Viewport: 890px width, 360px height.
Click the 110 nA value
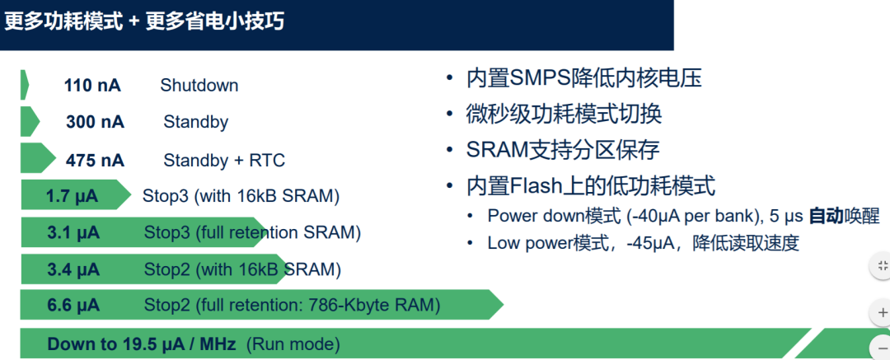(x=92, y=86)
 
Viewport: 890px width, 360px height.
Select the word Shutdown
(x=199, y=86)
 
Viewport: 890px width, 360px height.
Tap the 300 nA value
(x=95, y=122)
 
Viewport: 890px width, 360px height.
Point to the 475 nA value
(x=95, y=160)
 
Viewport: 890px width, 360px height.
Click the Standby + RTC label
(x=224, y=160)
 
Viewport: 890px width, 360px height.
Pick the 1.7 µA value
(x=73, y=196)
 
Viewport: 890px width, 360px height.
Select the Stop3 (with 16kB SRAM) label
(x=241, y=196)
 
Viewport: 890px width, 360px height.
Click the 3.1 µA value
(x=73, y=233)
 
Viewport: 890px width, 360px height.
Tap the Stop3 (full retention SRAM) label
(x=252, y=233)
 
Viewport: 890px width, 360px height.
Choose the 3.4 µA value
(x=73, y=269)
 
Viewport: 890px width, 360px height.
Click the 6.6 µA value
(x=73, y=306)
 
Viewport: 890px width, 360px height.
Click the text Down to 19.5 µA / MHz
(x=142, y=344)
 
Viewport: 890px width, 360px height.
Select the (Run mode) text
(x=293, y=344)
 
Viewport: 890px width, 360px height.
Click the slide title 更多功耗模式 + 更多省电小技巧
(x=145, y=21)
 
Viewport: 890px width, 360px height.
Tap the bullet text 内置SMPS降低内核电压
(x=584, y=79)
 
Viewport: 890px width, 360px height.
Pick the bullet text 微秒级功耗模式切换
(x=564, y=115)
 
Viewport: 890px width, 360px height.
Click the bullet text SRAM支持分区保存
(x=563, y=150)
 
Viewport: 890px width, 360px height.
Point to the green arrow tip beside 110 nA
(x=25, y=86)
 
